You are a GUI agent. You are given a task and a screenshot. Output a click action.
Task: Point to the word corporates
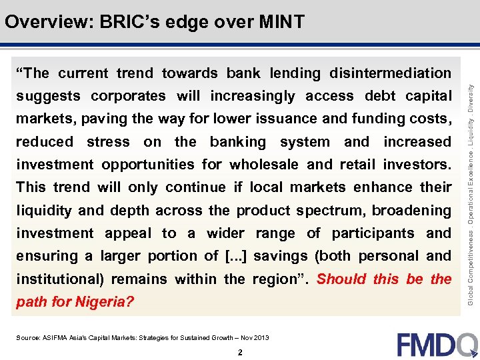(x=128, y=96)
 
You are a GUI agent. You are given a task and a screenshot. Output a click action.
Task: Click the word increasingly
(x=252, y=96)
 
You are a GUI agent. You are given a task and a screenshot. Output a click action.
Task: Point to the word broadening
(x=411, y=210)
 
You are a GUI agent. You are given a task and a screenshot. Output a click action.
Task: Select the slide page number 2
(x=239, y=353)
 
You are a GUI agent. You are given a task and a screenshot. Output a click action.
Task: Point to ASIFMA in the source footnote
(x=56, y=338)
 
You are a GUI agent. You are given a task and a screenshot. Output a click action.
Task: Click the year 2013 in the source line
(x=261, y=338)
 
